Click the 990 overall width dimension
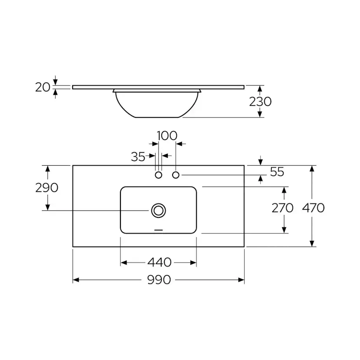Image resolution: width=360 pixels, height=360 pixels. [x=159, y=280]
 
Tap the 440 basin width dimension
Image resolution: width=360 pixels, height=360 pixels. [x=159, y=262]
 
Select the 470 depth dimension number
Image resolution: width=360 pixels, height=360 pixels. [x=313, y=208]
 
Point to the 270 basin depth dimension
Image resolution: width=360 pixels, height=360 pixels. [x=283, y=208]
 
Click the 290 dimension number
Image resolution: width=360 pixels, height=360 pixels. [x=47, y=188]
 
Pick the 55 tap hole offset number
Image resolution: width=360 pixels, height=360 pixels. [x=277, y=172]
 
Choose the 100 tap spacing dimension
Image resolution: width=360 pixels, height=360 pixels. [x=167, y=136]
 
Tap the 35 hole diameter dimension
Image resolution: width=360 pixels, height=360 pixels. [x=138, y=157]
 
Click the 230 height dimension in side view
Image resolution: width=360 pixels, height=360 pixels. [x=260, y=101]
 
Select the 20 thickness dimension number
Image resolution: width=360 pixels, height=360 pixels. [x=43, y=87]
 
